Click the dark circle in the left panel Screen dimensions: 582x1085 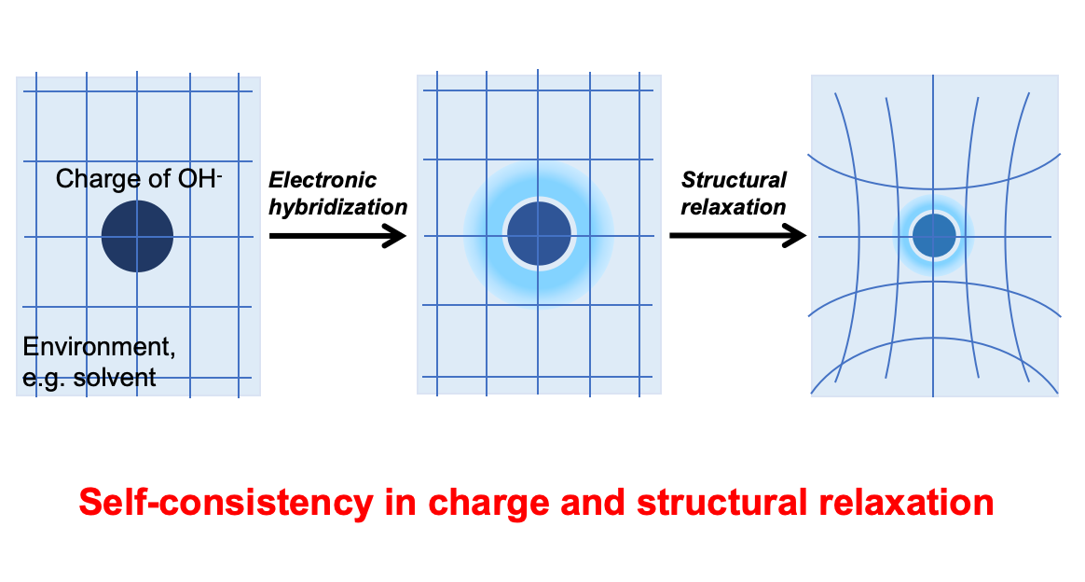[x=137, y=236]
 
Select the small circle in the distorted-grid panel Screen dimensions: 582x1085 [x=934, y=235]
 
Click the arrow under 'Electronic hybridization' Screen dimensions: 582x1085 [x=337, y=236]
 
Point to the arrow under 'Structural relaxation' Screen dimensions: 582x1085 [x=737, y=236]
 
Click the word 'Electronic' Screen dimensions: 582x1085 [x=323, y=180]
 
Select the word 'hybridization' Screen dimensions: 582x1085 [x=337, y=207]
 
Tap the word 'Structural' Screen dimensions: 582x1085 [x=734, y=180]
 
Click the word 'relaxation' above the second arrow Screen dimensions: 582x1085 [x=733, y=207]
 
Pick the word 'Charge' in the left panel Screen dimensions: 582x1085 [x=89, y=179]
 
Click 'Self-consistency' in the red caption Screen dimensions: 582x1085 [x=225, y=503]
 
